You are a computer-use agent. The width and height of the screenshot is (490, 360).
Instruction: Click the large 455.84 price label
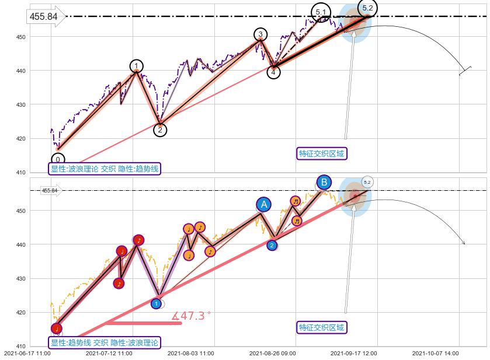point(44,16)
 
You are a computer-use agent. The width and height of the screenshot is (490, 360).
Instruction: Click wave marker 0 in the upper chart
point(58,159)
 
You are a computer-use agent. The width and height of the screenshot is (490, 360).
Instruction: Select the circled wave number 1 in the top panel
point(136,65)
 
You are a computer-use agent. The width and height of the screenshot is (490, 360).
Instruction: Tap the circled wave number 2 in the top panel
point(160,130)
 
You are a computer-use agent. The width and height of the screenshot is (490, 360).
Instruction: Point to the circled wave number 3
point(260,34)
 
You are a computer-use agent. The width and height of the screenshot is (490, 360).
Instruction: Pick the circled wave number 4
point(274,72)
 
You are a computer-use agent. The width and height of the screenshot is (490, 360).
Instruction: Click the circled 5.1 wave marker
point(321,12)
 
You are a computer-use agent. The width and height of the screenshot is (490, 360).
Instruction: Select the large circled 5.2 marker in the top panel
point(367,8)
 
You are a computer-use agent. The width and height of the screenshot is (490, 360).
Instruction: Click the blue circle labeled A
point(264,204)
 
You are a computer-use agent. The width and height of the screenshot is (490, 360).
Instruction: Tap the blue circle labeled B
point(324,182)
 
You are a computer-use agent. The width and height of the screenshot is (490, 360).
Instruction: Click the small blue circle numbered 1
point(156,303)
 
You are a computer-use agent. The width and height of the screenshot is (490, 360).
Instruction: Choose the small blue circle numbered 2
point(272,246)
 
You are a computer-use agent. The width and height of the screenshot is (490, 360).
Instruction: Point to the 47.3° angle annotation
point(191,316)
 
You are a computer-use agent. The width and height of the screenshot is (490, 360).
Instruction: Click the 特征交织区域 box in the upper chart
point(322,153)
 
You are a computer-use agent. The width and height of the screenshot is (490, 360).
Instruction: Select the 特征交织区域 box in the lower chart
point(322,327)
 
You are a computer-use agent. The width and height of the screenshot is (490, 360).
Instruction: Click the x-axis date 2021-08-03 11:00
point(190,353)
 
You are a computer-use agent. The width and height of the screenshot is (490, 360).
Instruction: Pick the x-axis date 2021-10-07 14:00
point(436,353)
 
